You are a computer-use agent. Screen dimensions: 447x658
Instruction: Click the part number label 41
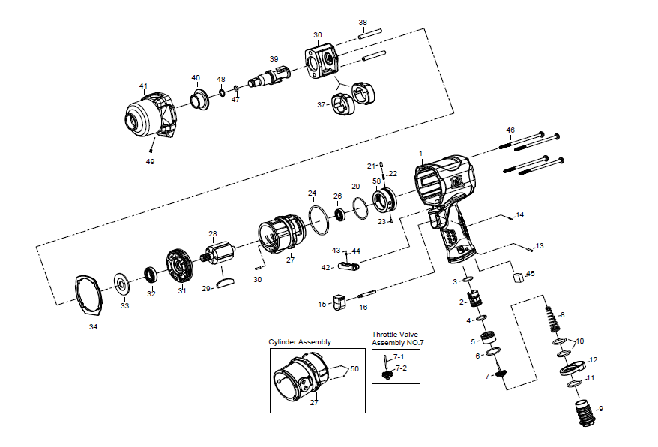pyautogui.click(x=143, y=85)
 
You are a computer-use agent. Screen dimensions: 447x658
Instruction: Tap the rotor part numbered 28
pyautogui.click(x=220, y=256)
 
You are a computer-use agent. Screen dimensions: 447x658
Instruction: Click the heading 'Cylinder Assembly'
pyautogui.click(x=300, y=342)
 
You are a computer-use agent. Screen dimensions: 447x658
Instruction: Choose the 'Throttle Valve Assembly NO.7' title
pyautogui.click(x=396, y=338)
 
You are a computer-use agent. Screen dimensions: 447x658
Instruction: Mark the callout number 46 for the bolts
pyautogui.click(x=510, y=130)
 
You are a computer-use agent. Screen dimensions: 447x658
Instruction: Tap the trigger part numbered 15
pyautogui.click(x=337, y=301)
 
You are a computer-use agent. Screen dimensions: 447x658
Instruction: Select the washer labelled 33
pyautogui.click(x=120, y=284)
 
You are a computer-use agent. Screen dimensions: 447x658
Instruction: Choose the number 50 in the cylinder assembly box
pyautogui.click(x=354, y=368)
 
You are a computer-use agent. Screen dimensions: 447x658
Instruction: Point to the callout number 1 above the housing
pyautogui.click(x=421, y=154)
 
